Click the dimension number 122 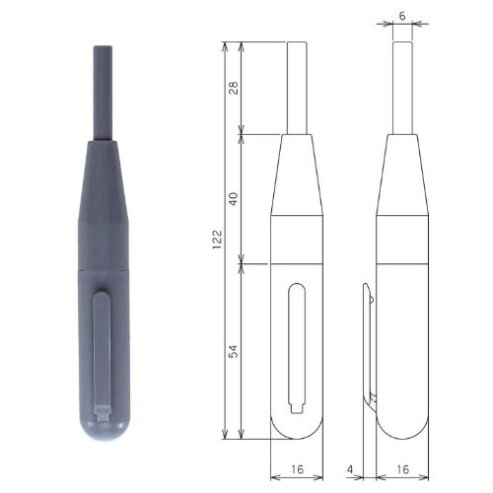pos(217,240)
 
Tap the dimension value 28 pos(234,87)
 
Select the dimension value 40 pos(234,198)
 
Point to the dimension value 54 pos(234,351)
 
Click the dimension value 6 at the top pos(402,16)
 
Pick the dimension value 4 pos(350,469)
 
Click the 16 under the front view pos(297,469)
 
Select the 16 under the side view pos(402,469)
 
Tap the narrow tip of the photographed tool pos(103,93)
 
